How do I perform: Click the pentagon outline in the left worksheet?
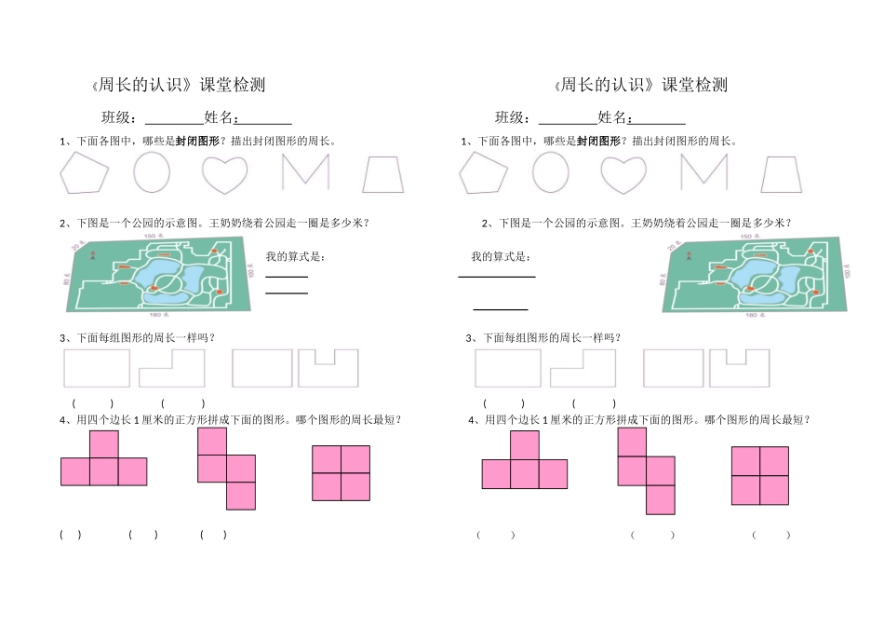86,173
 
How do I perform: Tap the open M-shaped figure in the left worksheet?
305,172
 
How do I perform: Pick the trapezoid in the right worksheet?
781,174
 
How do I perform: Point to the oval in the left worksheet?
152,172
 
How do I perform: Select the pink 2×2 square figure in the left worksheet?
341,473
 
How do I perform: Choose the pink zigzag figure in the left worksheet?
227,469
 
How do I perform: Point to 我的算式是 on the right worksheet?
501,257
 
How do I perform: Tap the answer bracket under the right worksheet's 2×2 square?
771,535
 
